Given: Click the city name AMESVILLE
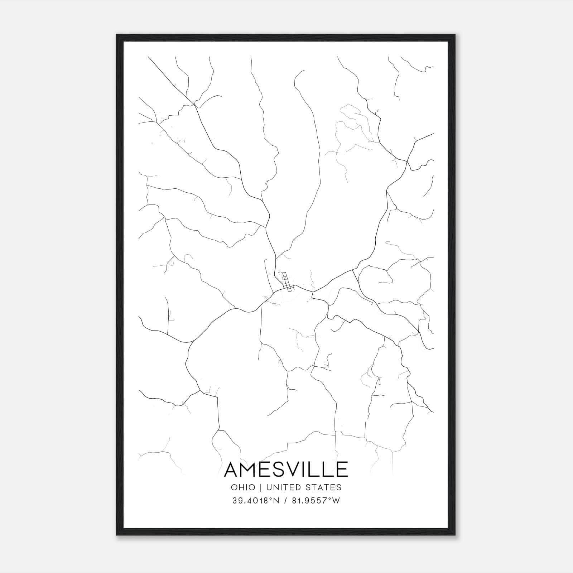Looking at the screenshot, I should (x=286, y=469).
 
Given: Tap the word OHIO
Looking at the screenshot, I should (x=244, y=487).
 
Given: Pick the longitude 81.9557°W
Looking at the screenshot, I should (x=315, y=501).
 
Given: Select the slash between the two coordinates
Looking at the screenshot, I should (x=285, y=501).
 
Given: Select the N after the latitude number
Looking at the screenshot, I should (x=276, y=501).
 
